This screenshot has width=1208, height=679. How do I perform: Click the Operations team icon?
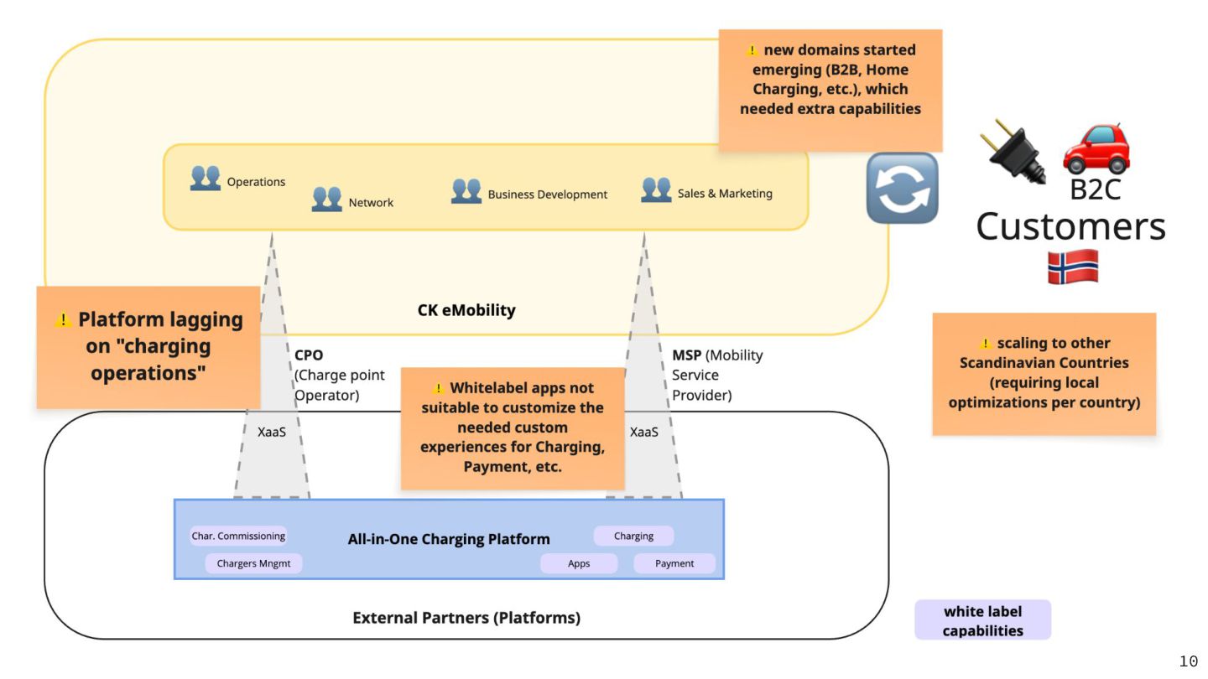[206, 178]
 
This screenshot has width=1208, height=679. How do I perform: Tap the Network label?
[371, 203]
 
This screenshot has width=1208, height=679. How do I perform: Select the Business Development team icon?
[466, 191]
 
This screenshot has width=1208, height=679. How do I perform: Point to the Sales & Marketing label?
[725, 194]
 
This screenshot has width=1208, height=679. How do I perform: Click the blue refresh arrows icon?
[902, 188]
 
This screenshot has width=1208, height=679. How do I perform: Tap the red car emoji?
[1096, 148]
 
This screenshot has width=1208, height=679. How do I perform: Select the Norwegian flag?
[1072, 267]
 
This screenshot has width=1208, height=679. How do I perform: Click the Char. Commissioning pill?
[238, 536]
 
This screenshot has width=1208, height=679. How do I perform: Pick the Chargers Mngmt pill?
[253, 563]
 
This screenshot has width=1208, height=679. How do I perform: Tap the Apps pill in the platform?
[579, 563]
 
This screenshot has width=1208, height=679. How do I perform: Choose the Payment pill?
[674, 563]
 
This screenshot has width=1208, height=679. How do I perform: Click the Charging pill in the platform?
[633, 536]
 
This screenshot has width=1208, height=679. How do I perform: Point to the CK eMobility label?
[466, 310]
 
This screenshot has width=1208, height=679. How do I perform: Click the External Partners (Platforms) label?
[466, 618]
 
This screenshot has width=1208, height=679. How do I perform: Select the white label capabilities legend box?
[982, 620]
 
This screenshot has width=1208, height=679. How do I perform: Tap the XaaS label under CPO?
[272, 433]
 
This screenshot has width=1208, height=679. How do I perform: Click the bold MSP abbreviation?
[686, 355]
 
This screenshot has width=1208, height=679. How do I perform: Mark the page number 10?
[1189, 662]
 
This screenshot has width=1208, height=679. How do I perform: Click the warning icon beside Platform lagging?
[63, 320]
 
